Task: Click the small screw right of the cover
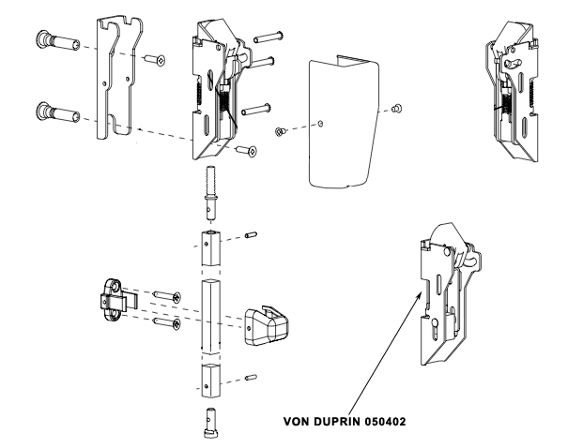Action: click(397, 107)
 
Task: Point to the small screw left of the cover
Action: click(280, 130)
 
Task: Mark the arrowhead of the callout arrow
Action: click(419, 291)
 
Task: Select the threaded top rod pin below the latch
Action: click(211, 187)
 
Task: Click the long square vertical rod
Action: click(212, 314)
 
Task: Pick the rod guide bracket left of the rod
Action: click(117, 300)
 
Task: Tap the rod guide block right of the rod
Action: click(265, 324)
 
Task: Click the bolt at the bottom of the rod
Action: click(212, 424)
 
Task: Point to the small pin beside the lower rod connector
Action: click(250, 378)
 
